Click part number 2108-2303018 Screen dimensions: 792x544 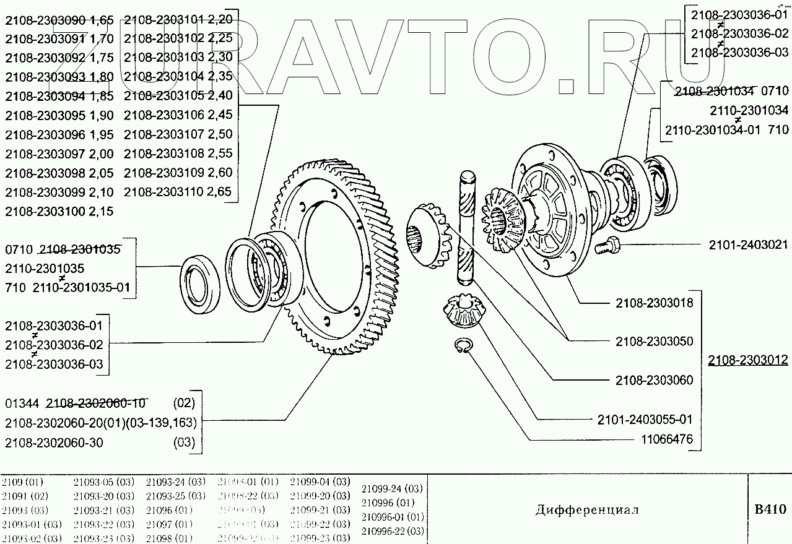pos(654,303)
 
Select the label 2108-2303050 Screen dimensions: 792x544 pos(654,342)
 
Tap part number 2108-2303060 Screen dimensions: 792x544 pos(654,380)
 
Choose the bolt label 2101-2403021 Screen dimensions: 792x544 pos(748,245)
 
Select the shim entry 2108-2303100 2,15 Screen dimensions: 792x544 pos(59,211)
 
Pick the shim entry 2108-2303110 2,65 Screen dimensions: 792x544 pos(178,192)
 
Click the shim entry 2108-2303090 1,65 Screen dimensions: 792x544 pos(59,20)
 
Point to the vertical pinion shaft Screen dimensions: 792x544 pos(468,229)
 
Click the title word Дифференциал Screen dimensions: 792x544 pos(586,510)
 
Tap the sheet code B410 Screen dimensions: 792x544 pos(770,510)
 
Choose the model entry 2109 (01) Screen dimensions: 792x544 pos(23,482)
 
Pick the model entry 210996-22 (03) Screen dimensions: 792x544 pos(392,530)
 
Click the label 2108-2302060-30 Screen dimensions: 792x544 pos(54,443)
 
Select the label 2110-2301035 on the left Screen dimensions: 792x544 pos(45,269)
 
